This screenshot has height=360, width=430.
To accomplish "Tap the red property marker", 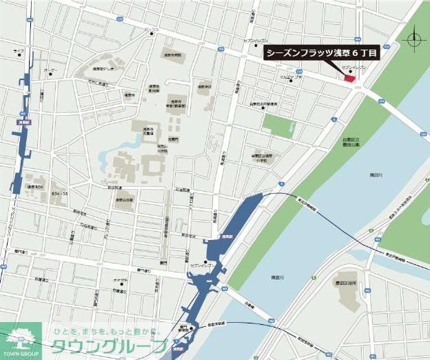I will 349,79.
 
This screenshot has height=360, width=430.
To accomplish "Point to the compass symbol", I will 415,38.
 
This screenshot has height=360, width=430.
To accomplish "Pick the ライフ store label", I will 18,51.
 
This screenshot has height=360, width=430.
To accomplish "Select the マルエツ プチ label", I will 291,78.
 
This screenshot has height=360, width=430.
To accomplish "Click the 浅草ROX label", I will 35,187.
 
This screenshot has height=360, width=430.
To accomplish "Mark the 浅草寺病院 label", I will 173,54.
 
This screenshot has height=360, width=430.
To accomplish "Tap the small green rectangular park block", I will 279,125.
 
